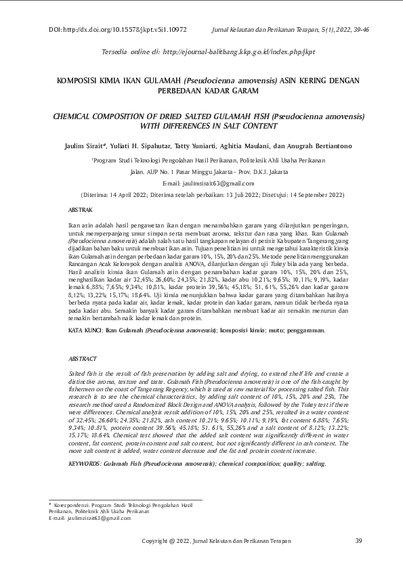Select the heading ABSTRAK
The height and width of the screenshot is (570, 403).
pyautogui.click(x=81, y=211)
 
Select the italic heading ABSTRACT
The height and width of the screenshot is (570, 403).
pyautogui.click(x=83, y=358)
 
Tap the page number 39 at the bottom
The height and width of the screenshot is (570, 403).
pyautogui.click(x=358, y=540)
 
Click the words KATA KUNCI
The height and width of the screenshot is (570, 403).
pyautogui.click(x=85, y=330)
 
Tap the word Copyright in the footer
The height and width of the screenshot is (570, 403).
pyautogui.click(x=157, y=540)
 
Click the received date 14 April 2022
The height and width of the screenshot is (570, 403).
pyautogui.click(x=127, y=194)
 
